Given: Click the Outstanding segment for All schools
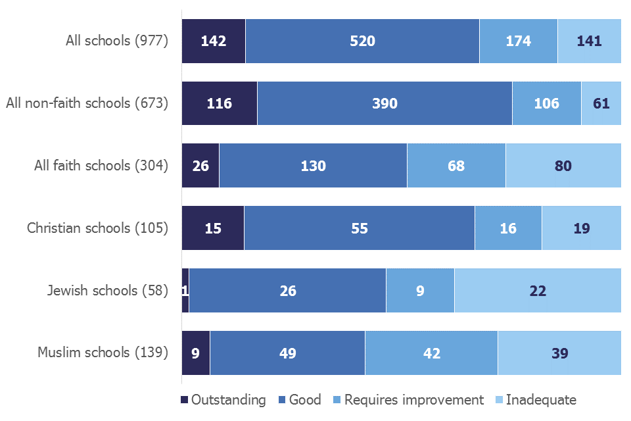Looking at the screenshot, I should point(214,41).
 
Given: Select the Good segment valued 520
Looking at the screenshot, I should point(362,41).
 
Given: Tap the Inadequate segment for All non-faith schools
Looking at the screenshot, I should point(601,103).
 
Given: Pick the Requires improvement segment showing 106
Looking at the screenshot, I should point(547,103).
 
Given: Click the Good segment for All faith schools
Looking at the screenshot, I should point(313,166).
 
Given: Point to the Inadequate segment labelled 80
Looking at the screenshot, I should point(563,166).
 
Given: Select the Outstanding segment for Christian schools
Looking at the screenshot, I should point(213,228).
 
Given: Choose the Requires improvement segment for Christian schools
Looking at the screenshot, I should point(508,228).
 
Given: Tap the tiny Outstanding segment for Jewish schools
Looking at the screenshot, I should point(185,290).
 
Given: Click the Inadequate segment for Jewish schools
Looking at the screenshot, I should point(538,290).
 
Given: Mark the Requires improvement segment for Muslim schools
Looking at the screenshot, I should point(431,353).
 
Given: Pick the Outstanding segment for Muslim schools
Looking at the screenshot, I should point(196,353).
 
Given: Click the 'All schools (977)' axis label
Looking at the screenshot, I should point(117,41).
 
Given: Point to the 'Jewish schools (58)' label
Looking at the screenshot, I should point(108,290).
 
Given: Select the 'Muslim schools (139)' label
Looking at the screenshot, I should point(103,353).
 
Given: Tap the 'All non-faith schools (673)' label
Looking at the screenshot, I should point(87,103).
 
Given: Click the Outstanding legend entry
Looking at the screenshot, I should point(223,400).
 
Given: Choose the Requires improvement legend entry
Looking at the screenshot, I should point(408,400).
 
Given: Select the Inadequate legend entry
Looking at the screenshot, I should point(535,400).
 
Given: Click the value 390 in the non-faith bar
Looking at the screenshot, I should point(385,103).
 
